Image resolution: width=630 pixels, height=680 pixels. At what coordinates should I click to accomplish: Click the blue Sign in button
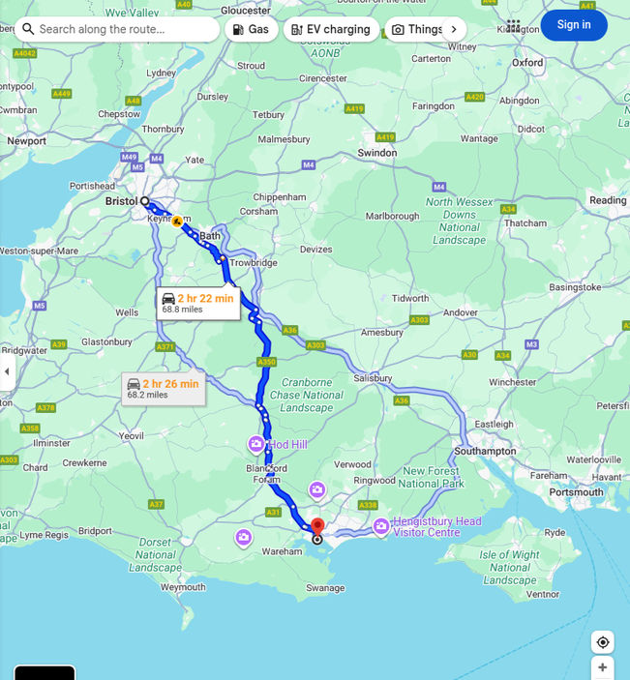tap(573, 25)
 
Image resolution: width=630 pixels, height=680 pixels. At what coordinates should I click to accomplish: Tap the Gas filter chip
tap(251, 29)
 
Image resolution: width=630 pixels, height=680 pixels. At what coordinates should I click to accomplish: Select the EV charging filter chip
tap(330, 29)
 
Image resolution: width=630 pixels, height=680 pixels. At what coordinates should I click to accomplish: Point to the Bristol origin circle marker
tap(145, 201)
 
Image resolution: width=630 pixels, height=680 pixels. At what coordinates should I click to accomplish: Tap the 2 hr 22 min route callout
tap(197, 303)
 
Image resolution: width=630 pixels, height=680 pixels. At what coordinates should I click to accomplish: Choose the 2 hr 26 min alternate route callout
tap(163, 388)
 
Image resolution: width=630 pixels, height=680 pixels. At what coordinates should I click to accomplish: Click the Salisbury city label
tap(373, 378)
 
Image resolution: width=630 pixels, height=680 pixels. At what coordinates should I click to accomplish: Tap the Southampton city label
tap(485, 451)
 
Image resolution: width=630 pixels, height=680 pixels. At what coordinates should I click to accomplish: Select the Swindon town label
tap(376, 153)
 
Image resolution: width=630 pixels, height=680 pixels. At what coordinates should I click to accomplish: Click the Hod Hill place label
tap(287, 444)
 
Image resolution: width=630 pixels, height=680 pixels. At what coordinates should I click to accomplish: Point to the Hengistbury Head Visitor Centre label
tap(437, 527)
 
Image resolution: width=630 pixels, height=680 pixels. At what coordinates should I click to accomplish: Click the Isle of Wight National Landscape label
tap(509, 568)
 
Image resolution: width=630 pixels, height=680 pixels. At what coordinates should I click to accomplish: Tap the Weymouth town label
tap(183, 587)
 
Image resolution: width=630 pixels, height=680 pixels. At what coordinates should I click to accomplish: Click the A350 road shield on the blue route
tap(266, 362)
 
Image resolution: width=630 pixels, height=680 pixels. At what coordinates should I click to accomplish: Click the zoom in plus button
tap(602, 667)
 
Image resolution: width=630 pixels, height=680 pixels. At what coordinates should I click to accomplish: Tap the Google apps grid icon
tap(513, 26)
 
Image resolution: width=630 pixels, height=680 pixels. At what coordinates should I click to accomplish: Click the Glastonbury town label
tap(106, 341)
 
